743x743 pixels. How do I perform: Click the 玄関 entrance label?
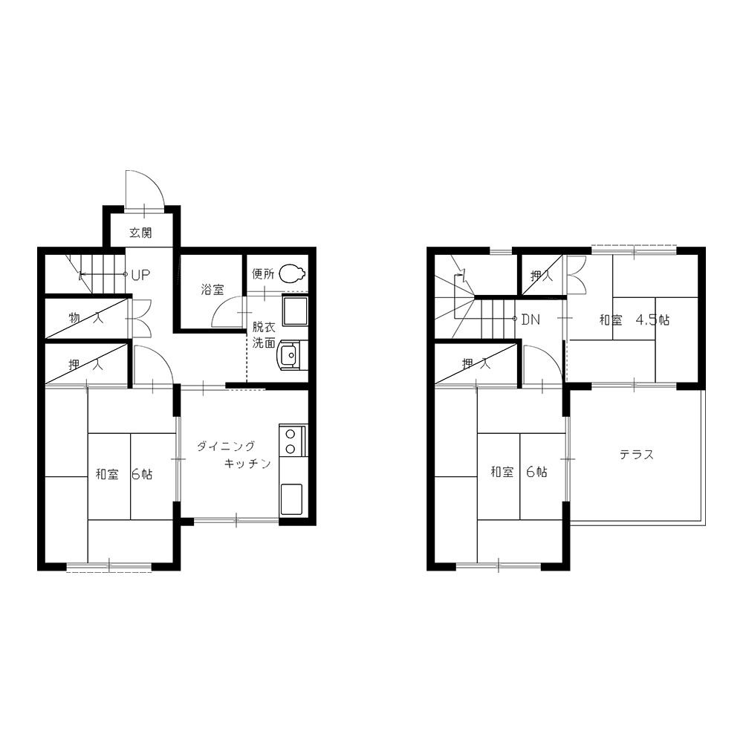tap(140, 233)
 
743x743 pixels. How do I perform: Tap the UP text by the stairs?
tap(140, 275)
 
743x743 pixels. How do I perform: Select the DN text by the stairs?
tap(531, 319)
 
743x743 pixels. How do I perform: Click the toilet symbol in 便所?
tap(292, 273)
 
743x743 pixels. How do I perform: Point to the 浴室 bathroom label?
tap(212, 289)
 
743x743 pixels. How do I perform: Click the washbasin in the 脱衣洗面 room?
tap(290, 354)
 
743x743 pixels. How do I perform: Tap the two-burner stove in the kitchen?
tap(293, 441)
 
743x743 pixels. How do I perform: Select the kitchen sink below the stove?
tap(291, 499)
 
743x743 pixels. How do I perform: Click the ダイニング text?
tap(226, 446)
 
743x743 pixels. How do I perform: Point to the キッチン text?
tap(247, 463)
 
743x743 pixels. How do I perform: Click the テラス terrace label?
tap(637, 455)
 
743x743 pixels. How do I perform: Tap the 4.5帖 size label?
tap(652, 319)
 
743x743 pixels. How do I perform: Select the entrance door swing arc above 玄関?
tap(152, 180)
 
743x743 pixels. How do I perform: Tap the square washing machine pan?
tap(295, 311)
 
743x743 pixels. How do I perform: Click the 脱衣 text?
tap(264, 327)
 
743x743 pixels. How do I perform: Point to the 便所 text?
tap(263, 273)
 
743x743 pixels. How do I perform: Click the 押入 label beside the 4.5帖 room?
tap(542, 275)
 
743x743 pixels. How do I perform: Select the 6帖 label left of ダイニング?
tap(142, 474)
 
